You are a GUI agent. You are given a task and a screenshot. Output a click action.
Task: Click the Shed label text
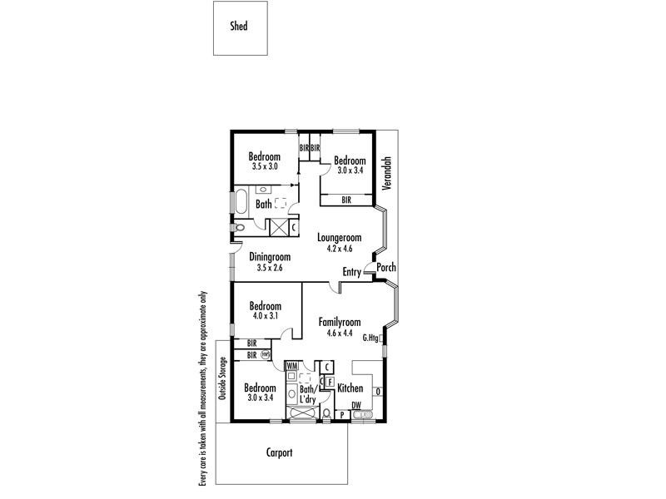tap(238, 26)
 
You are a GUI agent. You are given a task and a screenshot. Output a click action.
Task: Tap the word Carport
tap(280, 453)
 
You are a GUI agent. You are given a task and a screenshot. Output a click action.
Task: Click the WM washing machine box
tap(291, 365)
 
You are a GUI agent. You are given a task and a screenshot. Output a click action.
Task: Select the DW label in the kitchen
tap(356, 406)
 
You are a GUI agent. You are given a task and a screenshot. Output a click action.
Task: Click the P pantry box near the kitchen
tap(342, 413)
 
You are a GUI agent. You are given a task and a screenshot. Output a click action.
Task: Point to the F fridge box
tap(330, 381)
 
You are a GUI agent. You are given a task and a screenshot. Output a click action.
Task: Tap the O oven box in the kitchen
tap(378, 392)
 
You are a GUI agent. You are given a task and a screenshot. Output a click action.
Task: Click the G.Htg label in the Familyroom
tap(370, 338)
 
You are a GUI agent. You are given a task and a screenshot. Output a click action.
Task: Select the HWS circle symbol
tap(265, 354)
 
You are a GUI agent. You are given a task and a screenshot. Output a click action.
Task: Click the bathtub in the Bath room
tap(239, 202)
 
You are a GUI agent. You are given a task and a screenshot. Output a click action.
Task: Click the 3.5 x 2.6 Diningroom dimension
tap(269, 268)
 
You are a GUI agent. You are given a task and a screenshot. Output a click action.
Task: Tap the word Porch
tap(385, 268)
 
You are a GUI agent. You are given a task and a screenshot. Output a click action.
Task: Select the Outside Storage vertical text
tap(222, 378)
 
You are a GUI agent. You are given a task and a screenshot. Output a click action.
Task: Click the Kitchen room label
tap(350, 388)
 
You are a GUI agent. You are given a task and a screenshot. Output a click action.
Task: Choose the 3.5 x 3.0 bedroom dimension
tap(264, 167)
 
